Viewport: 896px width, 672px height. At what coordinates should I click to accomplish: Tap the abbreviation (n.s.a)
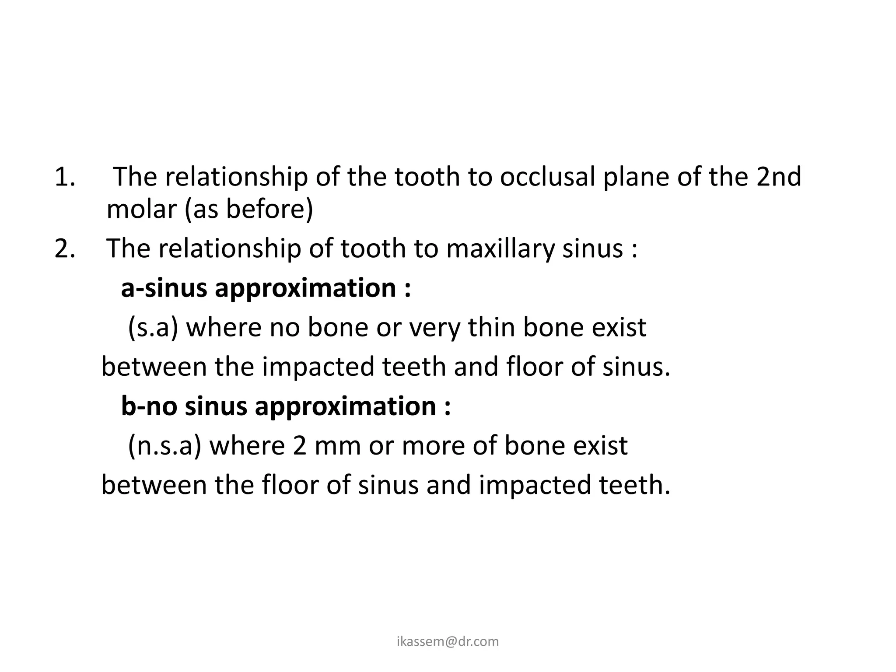(x=164, y=446)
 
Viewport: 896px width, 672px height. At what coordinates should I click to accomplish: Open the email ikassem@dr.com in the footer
(x=448, y=641)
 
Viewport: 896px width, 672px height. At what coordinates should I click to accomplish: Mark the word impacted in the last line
(x=535, y=485)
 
